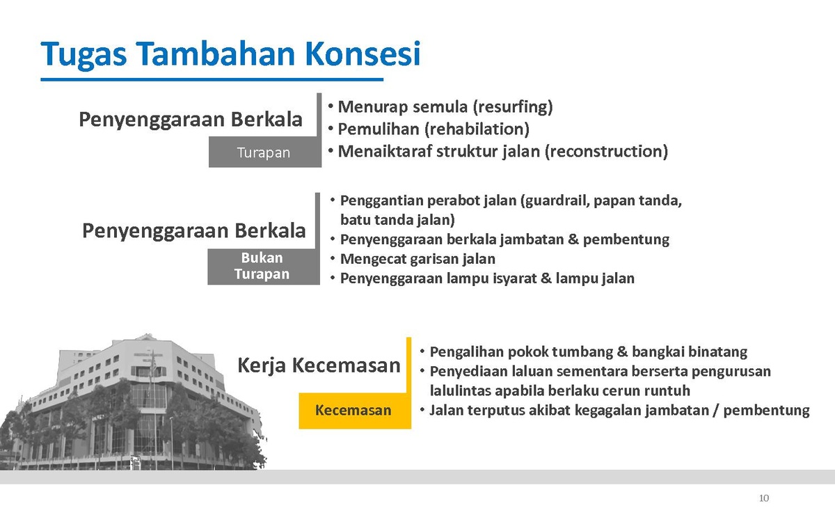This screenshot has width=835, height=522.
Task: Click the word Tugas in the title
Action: click(x=83, y=55)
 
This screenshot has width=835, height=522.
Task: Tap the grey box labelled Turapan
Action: click(x=264, y=152)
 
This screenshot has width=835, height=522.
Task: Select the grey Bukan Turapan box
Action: click(x=264, y=267)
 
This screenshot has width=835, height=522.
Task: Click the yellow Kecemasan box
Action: click(x=354, y=410)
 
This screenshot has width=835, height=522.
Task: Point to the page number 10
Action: click(x=764, y=498)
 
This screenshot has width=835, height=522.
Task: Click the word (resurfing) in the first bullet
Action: click(x=513, y=107)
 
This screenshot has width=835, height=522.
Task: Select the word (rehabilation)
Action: click(x=477, y=129)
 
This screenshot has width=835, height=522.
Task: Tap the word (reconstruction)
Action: click(x=606, y=152)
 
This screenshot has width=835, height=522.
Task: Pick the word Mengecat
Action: click(x=374, y=259)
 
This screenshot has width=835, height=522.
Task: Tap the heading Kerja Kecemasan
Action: click(x=319, y=365)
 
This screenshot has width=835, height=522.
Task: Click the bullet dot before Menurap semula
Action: click(x=331, y=106)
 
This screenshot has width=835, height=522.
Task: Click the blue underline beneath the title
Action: click(x=212, y=79)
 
